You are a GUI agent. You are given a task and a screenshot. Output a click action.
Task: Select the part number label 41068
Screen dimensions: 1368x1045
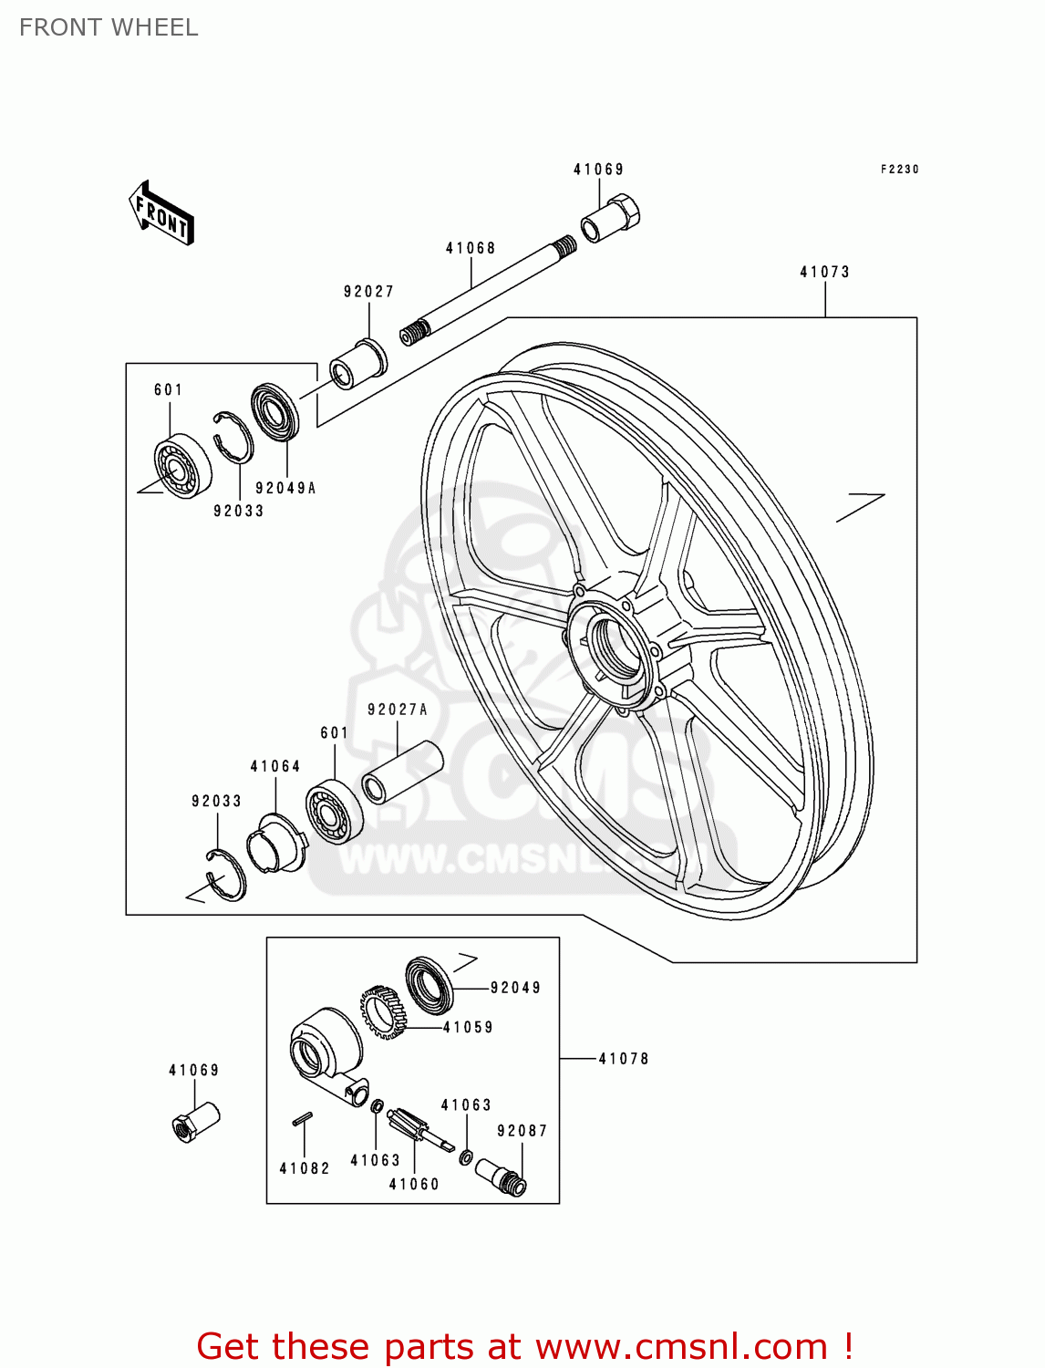[471, 248]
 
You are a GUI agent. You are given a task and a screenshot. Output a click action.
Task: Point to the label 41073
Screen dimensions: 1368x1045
[824, 272]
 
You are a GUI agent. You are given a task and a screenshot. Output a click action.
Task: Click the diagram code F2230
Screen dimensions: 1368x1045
[899, 170]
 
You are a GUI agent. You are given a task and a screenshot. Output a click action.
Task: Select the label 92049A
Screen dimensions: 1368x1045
[285, 488]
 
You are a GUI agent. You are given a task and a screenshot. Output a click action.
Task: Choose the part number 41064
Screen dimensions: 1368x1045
[275, 766]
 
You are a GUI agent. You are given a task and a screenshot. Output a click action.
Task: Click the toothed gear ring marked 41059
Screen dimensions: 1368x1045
[383, 1011]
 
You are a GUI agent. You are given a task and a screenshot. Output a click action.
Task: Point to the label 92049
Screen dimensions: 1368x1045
[515, 988]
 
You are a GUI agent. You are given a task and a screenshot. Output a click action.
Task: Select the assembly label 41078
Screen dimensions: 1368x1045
[624, 1059]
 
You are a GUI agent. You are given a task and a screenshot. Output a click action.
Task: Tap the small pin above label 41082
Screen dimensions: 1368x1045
[304, 1118]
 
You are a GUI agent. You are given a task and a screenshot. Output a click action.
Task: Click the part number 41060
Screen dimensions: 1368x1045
[414, 1184]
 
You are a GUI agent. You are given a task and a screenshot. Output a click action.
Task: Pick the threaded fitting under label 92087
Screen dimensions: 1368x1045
[502, 1176]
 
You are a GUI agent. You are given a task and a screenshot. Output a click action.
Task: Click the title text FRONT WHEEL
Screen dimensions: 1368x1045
[109, 27]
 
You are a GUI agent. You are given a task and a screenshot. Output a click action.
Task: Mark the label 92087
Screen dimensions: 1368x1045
[522, 1131]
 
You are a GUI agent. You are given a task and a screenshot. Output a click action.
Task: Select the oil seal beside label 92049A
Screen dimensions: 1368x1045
[274, 412]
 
